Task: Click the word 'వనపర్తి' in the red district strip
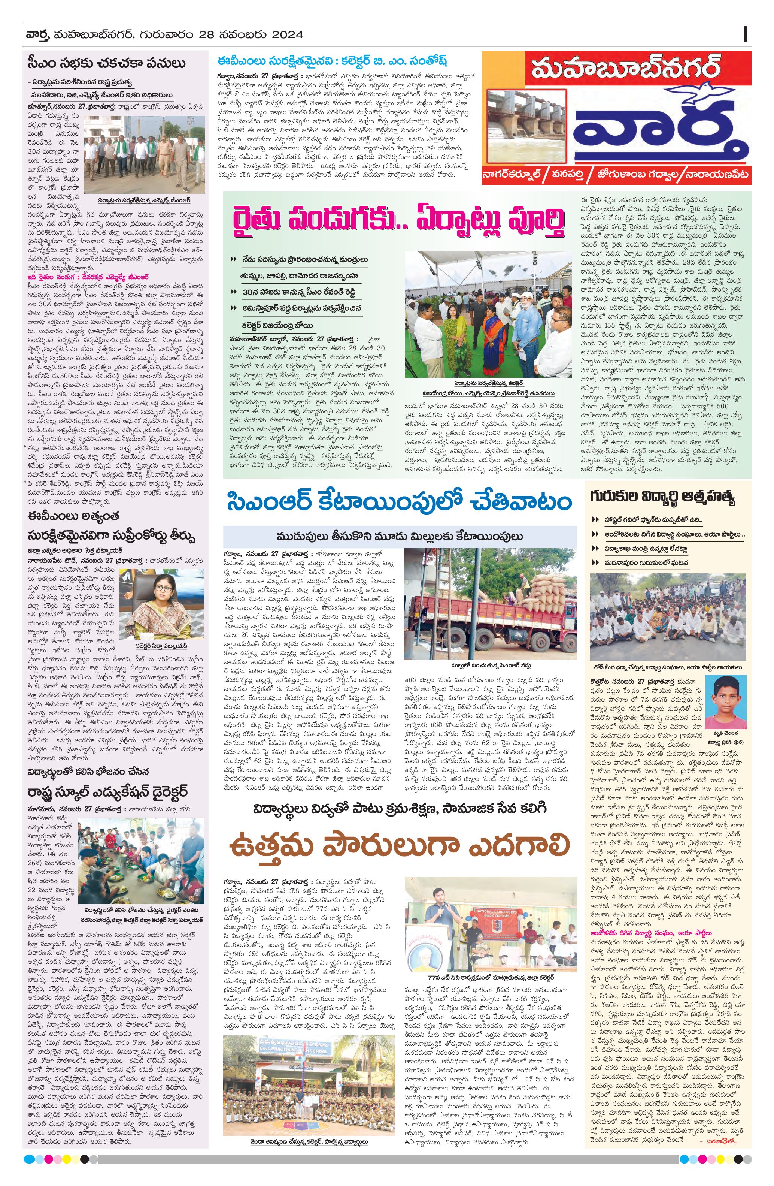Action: click(571, 175)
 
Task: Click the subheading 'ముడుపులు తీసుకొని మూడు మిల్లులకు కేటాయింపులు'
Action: click(400, 536)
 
